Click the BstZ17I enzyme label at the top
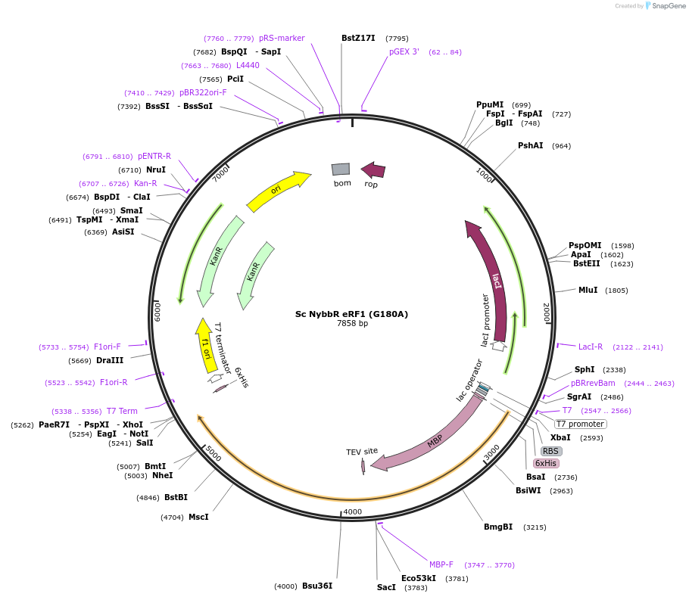tap(358, 38)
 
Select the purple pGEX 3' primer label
tap(404, 52)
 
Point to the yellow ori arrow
tap(277, 191)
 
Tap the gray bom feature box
tap(341, 169)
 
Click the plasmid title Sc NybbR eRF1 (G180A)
tap(351, 313)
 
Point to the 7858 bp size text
tap(352, 323)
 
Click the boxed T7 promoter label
tap(581, 424)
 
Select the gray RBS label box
tap(550, 451)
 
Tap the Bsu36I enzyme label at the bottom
tap(317, 586)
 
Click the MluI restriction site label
tap(588, 290)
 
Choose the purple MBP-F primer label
tap(441, 564)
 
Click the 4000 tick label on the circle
tap(353, 512)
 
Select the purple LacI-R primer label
tap(591, 347)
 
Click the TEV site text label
tap(362, 452)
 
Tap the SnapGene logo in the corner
tap(666, 6)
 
